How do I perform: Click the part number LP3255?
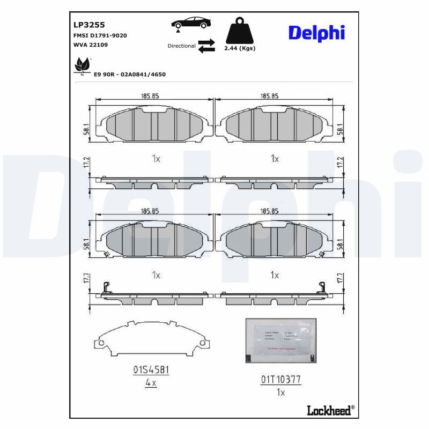coord(88,25)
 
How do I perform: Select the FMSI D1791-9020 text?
coord(99,35)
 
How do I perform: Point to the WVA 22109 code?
coord(90,45)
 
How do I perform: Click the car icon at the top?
coord(190,23)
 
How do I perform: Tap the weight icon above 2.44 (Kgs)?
coord(239,32)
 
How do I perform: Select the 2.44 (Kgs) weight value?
coord(239,48)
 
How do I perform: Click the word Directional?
coord(181,46)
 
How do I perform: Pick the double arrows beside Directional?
coord(206,46)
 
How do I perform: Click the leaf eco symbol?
coord(82,65)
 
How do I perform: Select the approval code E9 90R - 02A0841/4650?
coord(129,75)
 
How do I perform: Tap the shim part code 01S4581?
coord(151,370)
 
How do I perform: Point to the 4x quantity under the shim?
coord(151,383)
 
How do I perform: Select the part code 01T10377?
coord(280,380)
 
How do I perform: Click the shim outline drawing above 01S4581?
coord(151,339)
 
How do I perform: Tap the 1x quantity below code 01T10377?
coord(280,393)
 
